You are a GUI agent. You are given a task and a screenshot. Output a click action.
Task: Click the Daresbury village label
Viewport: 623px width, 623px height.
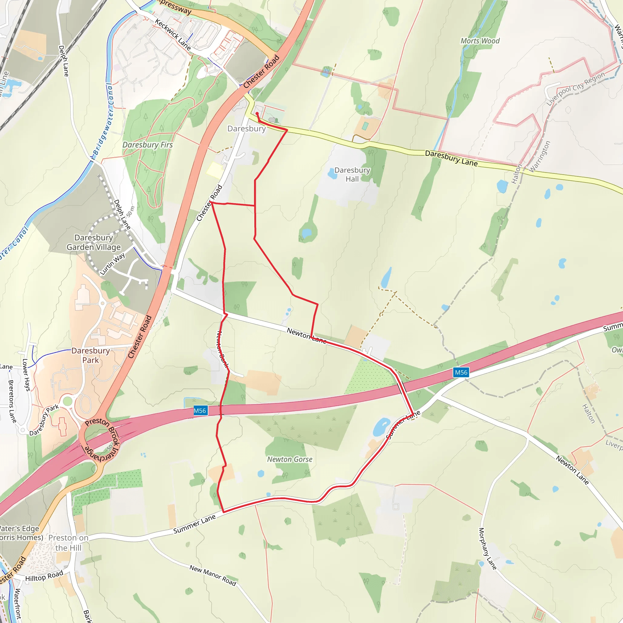tap(246, 129)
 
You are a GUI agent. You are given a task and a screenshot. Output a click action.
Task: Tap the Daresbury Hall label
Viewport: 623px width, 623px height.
tap(352, 174)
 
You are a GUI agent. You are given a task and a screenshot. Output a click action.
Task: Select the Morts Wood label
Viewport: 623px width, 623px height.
tap(480, 41)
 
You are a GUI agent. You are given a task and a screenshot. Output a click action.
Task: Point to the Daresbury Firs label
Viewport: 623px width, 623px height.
tap(147, 145)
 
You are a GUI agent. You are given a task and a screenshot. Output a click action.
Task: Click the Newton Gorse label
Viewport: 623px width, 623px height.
tap(290, 459)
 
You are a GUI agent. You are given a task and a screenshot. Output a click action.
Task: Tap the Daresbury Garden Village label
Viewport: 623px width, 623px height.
tap(93, 242)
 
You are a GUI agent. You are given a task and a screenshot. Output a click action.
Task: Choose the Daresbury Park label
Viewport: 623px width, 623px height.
tap(91, 355)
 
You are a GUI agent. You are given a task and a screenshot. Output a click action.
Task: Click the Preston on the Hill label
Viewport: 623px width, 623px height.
tap(68, 543)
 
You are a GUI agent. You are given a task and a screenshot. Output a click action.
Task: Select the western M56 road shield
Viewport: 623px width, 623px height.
tap(200, 410)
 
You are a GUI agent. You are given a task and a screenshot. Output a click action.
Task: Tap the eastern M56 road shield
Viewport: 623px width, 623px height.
tap(461, 372)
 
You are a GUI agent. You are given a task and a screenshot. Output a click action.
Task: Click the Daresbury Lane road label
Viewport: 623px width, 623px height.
tap(451, 158)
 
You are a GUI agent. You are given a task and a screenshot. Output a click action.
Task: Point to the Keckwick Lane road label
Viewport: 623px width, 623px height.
tap(172, 34)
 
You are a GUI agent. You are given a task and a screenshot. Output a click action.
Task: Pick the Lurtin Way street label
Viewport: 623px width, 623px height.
tap(112, 264)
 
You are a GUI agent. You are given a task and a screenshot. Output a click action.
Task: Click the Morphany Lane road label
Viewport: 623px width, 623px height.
tap(487, 548)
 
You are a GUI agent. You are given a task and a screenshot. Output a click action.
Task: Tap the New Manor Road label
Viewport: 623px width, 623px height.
tap(213, 575)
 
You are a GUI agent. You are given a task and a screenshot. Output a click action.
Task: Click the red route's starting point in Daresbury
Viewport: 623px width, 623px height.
tap(257, 113)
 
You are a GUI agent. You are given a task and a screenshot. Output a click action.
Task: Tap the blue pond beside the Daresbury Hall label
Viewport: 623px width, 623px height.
tap(332, 173)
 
